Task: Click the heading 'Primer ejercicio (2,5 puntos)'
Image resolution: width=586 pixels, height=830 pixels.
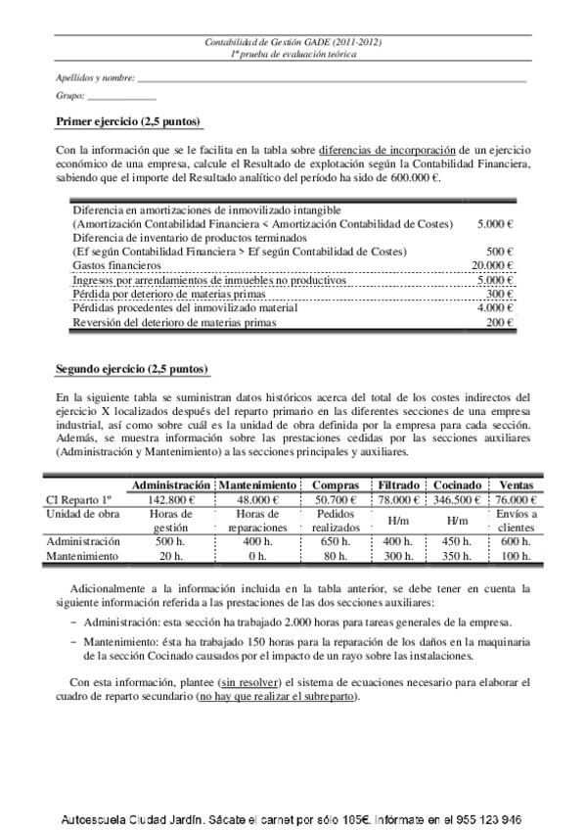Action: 128,121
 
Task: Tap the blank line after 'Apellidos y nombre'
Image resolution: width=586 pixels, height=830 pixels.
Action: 333,78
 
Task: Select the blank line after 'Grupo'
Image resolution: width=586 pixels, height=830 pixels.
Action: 122,98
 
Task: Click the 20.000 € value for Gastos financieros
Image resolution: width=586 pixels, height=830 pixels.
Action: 492,265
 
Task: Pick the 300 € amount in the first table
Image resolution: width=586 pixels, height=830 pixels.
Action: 501,294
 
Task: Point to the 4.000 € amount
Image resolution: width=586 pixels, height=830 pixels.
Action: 495,308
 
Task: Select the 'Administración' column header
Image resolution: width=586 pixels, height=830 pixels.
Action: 171,485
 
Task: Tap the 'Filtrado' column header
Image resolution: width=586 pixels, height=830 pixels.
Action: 399,485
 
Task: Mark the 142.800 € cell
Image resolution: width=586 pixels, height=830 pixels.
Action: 171,500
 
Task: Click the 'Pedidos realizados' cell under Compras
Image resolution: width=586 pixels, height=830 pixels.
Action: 336,521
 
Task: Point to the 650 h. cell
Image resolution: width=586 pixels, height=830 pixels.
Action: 336,542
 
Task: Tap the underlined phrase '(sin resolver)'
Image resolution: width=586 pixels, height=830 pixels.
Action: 252,681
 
